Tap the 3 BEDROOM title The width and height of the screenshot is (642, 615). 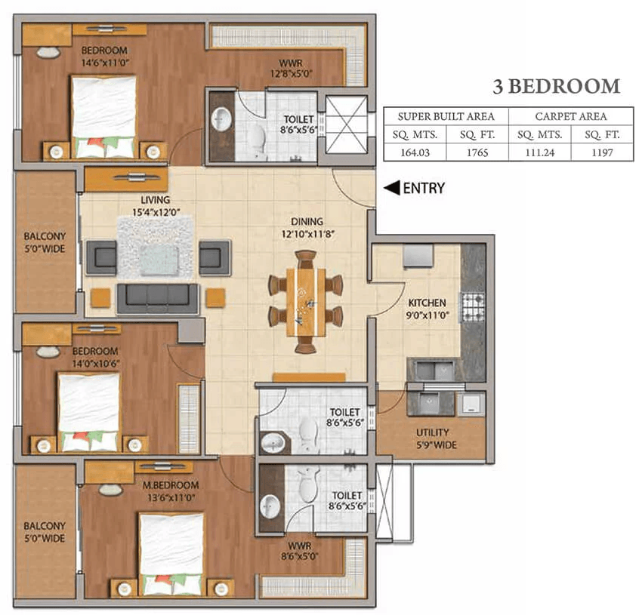point(556,86)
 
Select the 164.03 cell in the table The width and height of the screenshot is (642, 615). point(415,152)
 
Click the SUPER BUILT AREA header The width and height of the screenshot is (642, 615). point(446,116)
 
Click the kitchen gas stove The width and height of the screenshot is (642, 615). point(473,306)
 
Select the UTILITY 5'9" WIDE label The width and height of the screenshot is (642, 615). point(431,438)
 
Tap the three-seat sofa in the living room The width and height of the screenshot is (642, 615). point(157,298)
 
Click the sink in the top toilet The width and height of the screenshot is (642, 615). point(222,119)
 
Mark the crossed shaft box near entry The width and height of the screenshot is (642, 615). point(346,125)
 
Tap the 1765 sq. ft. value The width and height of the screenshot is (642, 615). point(477,152)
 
